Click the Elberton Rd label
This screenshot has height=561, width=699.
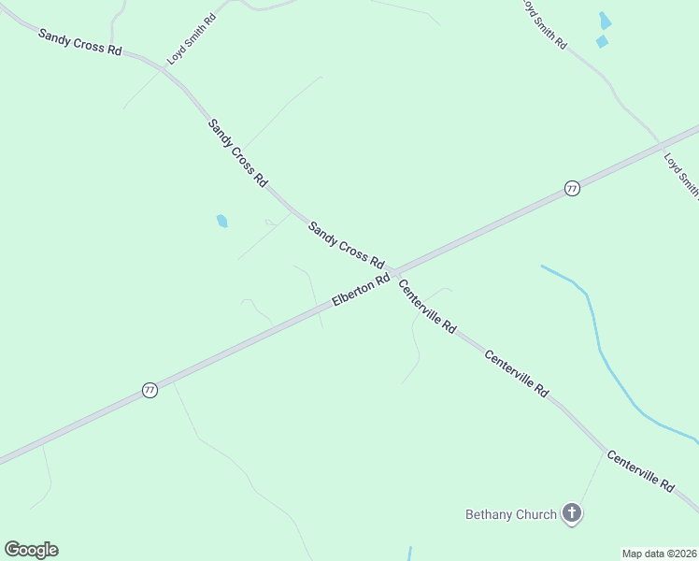coord(361,292)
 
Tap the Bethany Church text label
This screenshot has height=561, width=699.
coord(511,514)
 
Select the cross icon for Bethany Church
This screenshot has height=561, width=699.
coord(572,513)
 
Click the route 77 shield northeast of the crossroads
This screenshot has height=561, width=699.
coord(572,189)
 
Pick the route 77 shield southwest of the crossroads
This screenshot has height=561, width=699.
coord(150,391)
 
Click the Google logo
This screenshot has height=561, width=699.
coord(31,550)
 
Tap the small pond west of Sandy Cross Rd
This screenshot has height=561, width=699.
coord(222,222)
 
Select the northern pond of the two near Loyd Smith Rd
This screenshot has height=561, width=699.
coord(606,21)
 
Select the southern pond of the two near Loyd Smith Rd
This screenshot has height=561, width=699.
coord(602,41)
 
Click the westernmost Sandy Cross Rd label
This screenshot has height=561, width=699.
coord(80,42)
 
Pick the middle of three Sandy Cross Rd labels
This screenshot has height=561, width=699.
coord(237,151)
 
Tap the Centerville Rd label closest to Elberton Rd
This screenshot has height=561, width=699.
coord(427,307)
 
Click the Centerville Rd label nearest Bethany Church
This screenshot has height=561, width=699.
coord(640,471)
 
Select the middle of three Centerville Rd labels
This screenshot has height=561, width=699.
coord(516,374)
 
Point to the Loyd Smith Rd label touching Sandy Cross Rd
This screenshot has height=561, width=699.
coord(192,39)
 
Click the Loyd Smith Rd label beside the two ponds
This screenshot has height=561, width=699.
coord(543,23)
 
